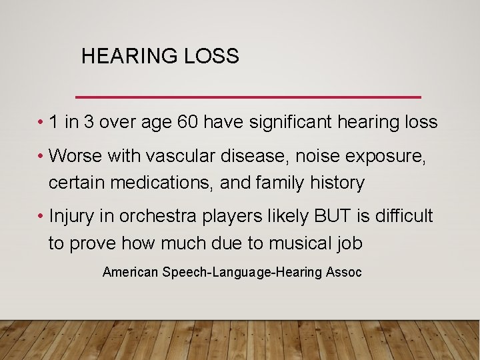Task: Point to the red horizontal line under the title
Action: (x=248, y=97)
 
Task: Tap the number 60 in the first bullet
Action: (x=189, y=122)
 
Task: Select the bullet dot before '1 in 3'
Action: (x=41, y=123)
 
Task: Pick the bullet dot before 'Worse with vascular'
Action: (x=41, y=156)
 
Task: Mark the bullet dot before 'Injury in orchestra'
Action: (x=41, y=216)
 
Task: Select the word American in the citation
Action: (x=130, y=272)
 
